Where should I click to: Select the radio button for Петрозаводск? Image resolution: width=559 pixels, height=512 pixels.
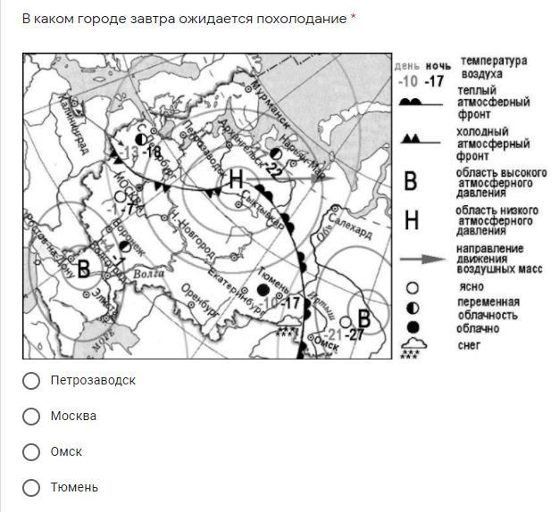coord(31,381)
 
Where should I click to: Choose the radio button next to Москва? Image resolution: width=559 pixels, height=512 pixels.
coord(31,417)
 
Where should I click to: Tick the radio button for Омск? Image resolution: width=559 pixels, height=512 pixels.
coord(31,452)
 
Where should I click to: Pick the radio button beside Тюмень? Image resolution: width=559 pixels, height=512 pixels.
coord(31,488)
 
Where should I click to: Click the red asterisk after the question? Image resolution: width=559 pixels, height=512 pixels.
coord(353,19)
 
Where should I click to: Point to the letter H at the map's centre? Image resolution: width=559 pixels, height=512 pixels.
coord(235,179)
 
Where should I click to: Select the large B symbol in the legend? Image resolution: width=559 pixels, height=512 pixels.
coord(410,181)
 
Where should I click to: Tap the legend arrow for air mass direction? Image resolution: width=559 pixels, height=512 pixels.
coord(421,259)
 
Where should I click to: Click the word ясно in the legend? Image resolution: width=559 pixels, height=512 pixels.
coord(471,288)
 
